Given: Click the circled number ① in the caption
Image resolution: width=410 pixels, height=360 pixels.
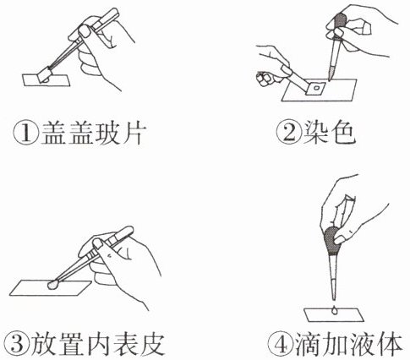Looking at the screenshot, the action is pos(26,133).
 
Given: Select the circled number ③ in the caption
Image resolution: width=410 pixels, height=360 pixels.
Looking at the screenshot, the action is pos(17,345).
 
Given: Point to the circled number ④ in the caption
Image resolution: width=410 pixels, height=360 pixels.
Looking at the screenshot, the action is pos(280,345).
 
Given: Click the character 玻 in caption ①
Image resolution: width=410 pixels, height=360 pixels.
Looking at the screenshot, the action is pos(107,133).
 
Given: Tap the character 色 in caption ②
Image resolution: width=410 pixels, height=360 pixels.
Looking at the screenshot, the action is pos(342,133).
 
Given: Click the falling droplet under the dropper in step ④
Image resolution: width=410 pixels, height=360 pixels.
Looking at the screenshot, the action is pos(334,310).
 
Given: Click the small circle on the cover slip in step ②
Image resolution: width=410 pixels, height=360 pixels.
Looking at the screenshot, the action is pos(317,88).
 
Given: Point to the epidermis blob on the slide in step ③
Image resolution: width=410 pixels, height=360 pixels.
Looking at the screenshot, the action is pos(52,285).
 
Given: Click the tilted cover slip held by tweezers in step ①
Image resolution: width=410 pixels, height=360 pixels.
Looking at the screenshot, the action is pos(45,74).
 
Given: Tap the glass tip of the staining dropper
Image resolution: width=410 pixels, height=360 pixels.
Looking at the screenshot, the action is pos(331,73).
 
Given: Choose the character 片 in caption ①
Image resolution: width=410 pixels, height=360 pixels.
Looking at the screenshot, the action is pos(133,133).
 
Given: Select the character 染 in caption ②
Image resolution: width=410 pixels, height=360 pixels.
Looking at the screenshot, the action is pos(315,133).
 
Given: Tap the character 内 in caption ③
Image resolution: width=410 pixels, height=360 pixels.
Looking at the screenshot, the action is pos(98,345).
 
